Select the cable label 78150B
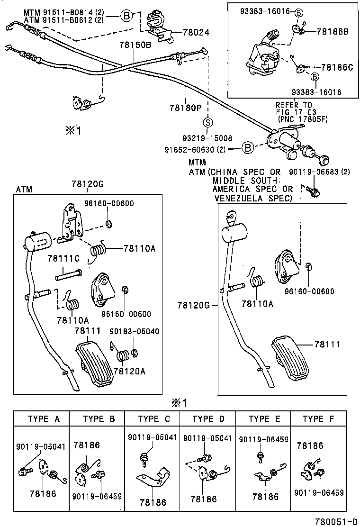(x=135, y=45)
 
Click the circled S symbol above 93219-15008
(x=207, y=122)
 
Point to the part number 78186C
(x=337, y=67)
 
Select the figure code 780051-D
(x=337, y=521)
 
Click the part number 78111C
(x=63, y=258)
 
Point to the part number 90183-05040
(x=134, y=331)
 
